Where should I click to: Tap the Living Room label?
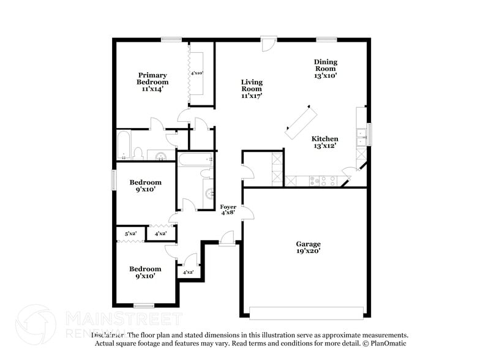pos(251,89)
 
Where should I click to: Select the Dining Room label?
pos(325,69)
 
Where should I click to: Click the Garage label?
pos(308,244)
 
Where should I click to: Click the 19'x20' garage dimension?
pos(308,250)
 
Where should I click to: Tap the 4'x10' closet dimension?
pos(197,73)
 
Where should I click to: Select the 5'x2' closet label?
pos(130,234)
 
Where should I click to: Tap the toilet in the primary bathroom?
pos(139,152)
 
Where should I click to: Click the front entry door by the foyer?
pos(227,239)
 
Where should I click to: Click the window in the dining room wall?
pos(326,40)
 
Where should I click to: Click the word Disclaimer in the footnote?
pos(108,336)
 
